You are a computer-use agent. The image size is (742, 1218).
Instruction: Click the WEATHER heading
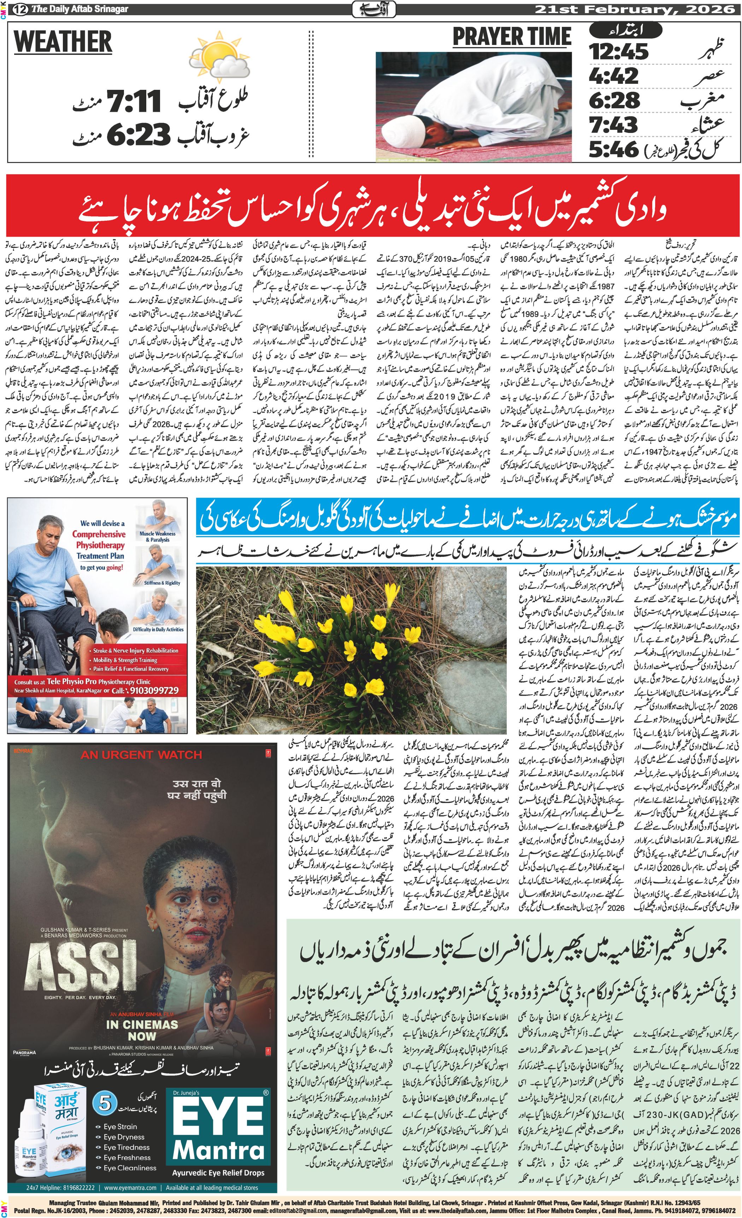(x=63, y=41)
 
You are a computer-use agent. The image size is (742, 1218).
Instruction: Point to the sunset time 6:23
(x=138, y=133)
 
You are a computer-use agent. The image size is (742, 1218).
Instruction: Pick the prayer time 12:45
(x=618, y=51)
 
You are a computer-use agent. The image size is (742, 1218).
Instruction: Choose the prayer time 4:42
(x=613, y=76)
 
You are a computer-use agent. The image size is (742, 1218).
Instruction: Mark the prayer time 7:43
(x=613, y=124)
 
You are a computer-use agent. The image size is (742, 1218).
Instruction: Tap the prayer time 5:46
(x=613, y=149)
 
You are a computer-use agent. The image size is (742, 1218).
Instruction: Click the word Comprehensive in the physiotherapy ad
(x=99, y=534)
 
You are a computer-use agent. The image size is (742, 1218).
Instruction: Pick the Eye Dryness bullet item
(x=124, y=1137)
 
